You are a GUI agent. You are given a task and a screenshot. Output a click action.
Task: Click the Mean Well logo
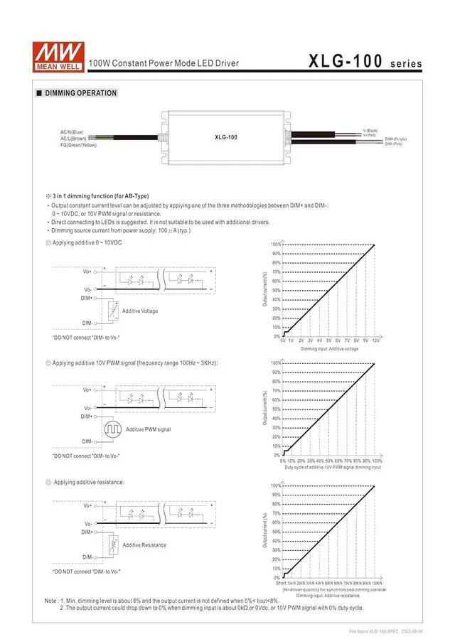point(58,53)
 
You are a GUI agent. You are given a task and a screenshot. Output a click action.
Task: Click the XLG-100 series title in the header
point(365,62)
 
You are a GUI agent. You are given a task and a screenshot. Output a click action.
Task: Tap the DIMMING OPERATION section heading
point(80,93)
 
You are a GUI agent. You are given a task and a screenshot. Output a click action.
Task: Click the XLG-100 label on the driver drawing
point(225,137)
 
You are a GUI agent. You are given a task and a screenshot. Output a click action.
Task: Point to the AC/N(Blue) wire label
point(72,132)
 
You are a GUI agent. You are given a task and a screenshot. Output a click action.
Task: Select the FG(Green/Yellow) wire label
point(78,145)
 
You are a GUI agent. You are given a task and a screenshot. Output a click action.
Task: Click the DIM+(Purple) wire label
point(396,139)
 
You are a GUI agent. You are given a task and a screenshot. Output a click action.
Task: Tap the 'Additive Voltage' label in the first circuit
point(140,311)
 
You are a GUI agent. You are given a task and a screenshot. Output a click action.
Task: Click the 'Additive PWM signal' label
point(148,429)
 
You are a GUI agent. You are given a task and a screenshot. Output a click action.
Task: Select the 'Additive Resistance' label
point(144,545)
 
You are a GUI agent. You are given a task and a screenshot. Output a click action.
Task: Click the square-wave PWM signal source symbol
point(113,429)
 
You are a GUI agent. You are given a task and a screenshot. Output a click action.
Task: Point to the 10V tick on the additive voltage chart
point(375,341)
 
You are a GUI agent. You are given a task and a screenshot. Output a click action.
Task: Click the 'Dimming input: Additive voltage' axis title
point(329,349)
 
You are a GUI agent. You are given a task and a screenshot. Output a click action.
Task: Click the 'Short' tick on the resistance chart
point(282,583)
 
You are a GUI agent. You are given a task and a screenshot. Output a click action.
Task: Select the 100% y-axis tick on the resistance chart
point(275,485)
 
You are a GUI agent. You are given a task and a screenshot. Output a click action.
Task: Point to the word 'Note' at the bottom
point(51,601)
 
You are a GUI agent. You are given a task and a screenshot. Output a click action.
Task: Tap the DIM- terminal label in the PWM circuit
point(87,441)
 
